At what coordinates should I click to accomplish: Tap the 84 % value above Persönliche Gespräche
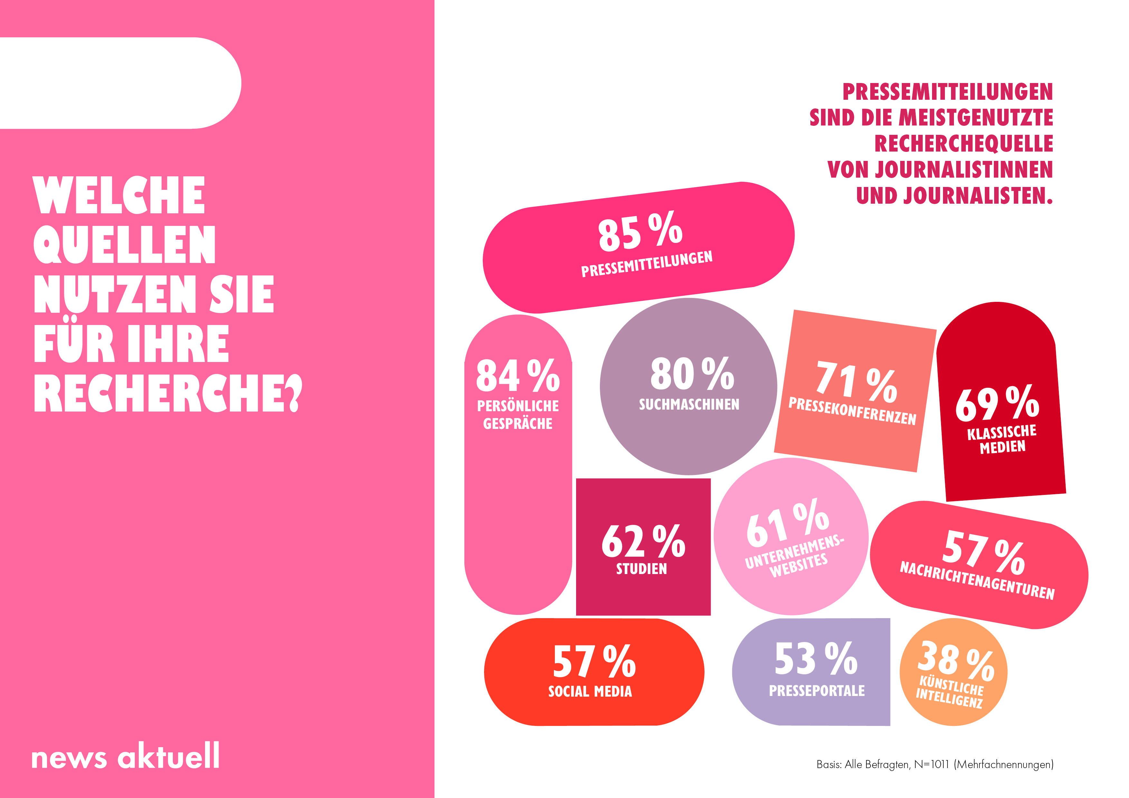pos(518,376)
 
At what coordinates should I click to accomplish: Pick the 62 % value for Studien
pos(643,541)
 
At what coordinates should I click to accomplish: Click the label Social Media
pos(590,691)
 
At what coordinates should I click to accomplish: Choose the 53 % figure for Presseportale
pos(816,659)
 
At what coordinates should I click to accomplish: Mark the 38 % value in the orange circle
pos(956,661)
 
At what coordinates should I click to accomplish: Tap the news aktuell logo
pos(126,756)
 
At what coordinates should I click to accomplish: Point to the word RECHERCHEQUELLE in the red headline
pos(963,144)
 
